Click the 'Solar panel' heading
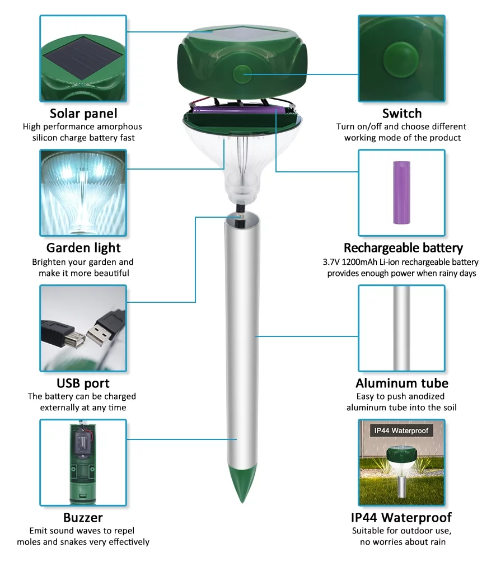pyautogui.click(x=83, y=114)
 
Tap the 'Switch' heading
pyautogui.click(x=402, y=113)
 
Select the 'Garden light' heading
pyautogui.click(x=83, y=248)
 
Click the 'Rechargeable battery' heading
pyautogui.click(x=403, y=248)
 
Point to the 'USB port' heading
pyautogui.click(x=83, y=383)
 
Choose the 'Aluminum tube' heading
pyautogui.click(x=402, y=383)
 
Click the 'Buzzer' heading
pyautogui.click(x=83, y=518)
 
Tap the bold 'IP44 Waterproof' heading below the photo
pyautogui.click(x=401, y=518)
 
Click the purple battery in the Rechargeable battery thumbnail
pyautogui.click(x=402, y=193)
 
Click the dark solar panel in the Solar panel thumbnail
pyautogui.click(x=82, y=58)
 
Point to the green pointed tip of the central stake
pyautogui.click(x=242, y=484)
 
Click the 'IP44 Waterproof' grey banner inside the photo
pyautogui.click(x=401, y=430)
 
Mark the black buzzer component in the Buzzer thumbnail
pyautogui.click(x=83, y=446)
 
